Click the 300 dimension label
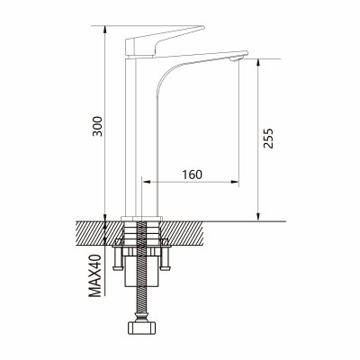97,126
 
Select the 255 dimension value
268,139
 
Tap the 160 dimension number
193,175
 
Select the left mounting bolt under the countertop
118,255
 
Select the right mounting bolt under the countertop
165,255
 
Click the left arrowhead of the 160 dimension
146,182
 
